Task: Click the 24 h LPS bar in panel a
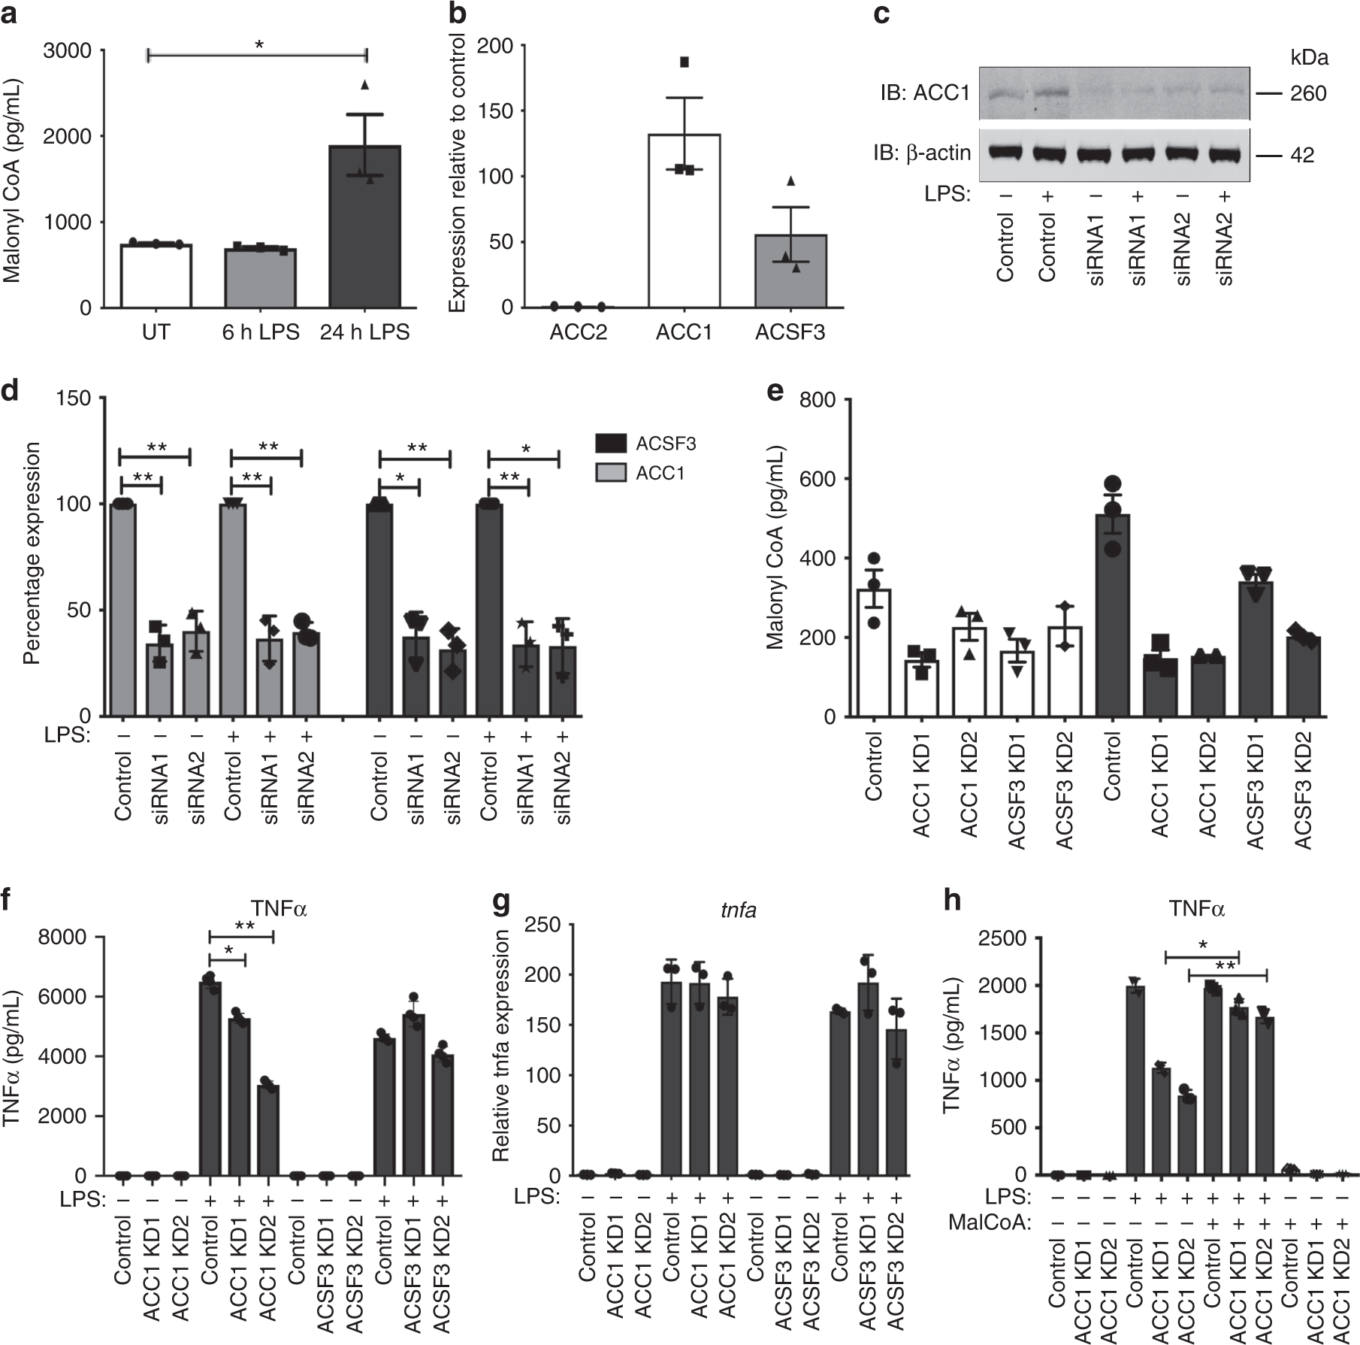point(364,226)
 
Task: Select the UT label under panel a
point(156,332)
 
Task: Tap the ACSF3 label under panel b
point(790,332)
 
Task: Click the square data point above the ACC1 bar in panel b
point(685,62)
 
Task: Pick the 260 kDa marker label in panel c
point(1308,94)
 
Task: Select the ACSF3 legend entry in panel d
point(665,444)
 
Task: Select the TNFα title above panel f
point(279,910)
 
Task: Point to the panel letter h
point(953,901)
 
